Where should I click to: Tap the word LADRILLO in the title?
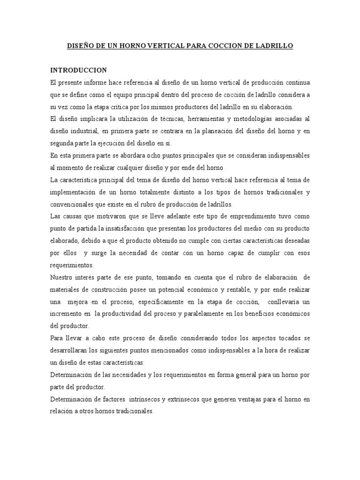pyautogui.click(x=276, y=46)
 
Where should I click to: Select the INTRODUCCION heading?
pyautogui.click(x=79, y=70)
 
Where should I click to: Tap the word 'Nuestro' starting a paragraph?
pyautogui.click(x=62, y=277)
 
